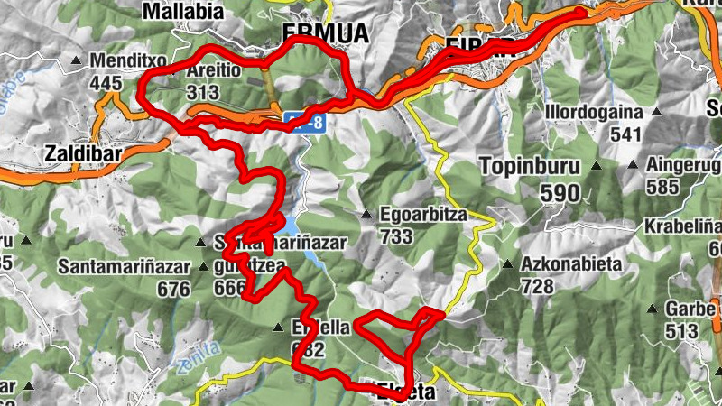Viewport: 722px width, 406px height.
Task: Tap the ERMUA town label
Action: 325,33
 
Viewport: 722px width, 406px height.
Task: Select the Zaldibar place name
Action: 82,153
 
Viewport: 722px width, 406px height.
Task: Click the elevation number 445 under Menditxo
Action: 106,83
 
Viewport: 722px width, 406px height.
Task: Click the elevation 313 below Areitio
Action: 203,92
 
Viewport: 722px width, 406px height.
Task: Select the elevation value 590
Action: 560,192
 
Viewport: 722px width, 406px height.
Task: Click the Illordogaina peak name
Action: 593,113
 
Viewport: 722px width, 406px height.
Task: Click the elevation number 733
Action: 396,236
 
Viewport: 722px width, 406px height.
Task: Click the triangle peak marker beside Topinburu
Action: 597,166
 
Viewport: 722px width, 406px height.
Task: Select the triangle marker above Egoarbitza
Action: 366,215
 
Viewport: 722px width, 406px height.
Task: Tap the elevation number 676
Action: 172,290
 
